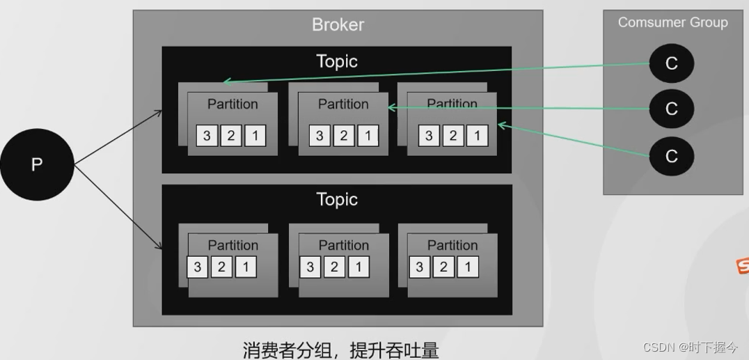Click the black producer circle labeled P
tap(37, 165)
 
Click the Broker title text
tap(338, 25)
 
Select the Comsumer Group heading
tap(672, 22)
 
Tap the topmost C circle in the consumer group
tap(671, 63)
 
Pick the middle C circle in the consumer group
tap(671, 109)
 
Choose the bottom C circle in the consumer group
tap(671, 156)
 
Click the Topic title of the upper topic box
tap(337, 61)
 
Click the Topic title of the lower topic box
tap(337, 199)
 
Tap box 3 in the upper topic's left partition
tap(207, 136)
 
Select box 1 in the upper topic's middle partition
tap(368, 136)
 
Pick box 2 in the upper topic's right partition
tap(453, 136)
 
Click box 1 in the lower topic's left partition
tap(246, 267)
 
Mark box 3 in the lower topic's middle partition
tap(310, 267)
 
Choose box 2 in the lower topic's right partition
tap(443, 267)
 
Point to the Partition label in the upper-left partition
tap(232, 104)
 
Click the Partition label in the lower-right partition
tap(452, 245)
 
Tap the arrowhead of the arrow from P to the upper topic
tap(159, 111)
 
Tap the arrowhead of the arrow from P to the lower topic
tap(159, 246)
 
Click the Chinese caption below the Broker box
tap(341, 350)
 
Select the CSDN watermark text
tap(690, 347)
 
